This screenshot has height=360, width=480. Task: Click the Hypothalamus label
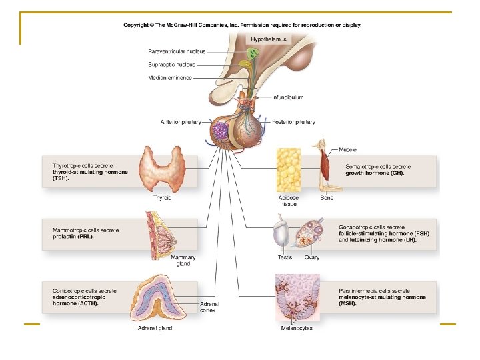pyautogui.click(x=269, y=39)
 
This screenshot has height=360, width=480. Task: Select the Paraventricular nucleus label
pyautogui.click(x=177, y=51)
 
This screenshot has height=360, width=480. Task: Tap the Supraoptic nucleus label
pyautogui.click(x=172, y=65)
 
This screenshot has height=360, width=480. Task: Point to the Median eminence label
pyautogui.click(x=170, y=78)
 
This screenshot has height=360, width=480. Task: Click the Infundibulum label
pyautogui.click(x=287, y=97)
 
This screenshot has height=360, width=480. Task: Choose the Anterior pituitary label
pyautogui.click(x=181, y=122)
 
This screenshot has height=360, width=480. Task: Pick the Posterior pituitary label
pyautogui.click(x=293, y=122)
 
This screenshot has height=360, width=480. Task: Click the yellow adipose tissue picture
pyautogui.click(x=290, y=171)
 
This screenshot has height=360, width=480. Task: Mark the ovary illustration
pyautogui.click(x=311, y=233)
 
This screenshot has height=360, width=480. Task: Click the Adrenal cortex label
pyautogui.click(x=209, y=307)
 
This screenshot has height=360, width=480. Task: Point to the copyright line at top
pyautogui.click(x=242, y=25)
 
